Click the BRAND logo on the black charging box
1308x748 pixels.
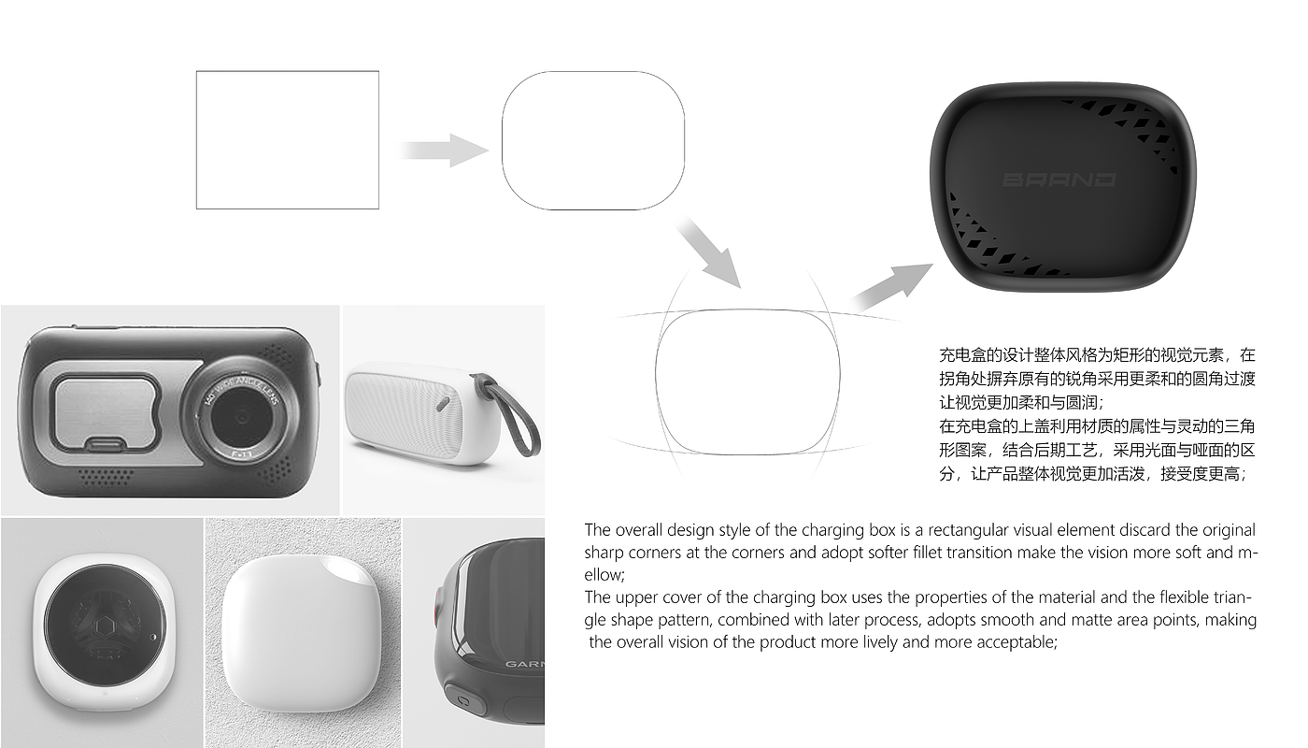(1059, 180)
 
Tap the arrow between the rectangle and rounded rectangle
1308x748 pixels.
(444, 151)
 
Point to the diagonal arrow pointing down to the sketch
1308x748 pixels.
(710, 252)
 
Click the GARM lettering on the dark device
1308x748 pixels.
(524, 664)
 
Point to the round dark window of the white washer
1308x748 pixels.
(105, 625)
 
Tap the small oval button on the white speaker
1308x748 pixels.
(443, 404)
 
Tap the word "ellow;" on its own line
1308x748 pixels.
(604, 575)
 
